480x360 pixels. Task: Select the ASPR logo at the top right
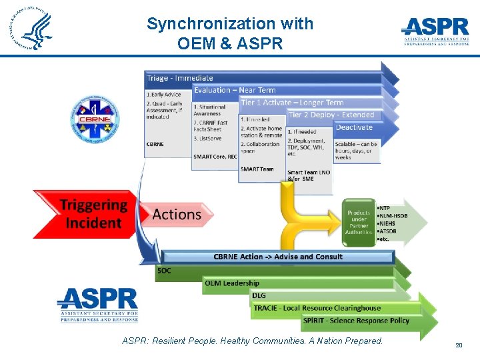pos(436,31)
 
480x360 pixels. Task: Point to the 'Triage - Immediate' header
pos(180,78)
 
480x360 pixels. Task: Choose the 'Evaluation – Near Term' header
pos(235,90)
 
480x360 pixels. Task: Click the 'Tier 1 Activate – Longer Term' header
pos(292,103)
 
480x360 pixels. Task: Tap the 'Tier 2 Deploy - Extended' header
pos(331,115)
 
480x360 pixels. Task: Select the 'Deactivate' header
pos(354,127)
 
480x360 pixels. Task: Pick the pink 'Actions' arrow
pos(177,214)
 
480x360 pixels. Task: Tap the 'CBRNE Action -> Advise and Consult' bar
pos(278,257)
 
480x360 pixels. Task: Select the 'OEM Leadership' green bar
pos(232,283)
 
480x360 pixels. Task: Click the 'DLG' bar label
pos(259,295)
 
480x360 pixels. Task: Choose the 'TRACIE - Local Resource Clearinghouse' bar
pos(317,308)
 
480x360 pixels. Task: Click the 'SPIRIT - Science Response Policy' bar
pos(356,321)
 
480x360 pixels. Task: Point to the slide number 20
pos(459,345)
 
